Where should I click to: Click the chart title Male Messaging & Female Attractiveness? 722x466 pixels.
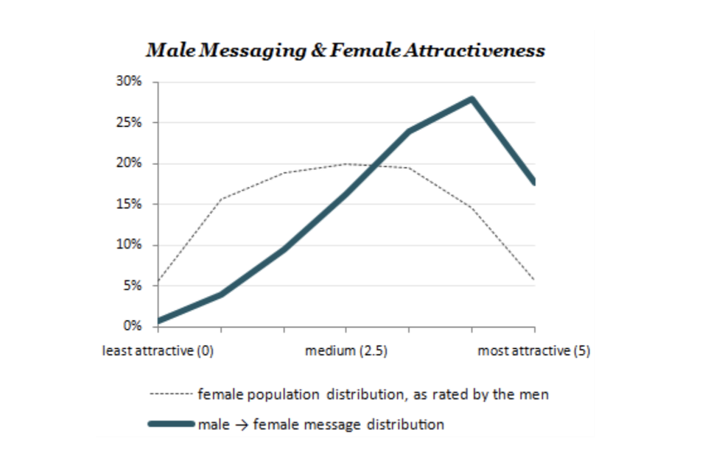click(x=346, y=51)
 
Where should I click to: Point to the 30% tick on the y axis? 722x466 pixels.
click(x=131, y=82)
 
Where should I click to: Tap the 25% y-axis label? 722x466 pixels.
click(x=131, y=122)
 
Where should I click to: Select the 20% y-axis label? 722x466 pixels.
click(x=131, y=163)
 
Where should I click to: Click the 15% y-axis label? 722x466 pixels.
click(x=131, y=204)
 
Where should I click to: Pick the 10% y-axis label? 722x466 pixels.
click(x=131, y=245)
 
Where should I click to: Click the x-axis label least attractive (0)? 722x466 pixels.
click(x=158, y=350)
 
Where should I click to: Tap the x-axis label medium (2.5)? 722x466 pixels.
click(x=346, y=350)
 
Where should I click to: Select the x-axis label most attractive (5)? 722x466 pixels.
click(x=534, y=350)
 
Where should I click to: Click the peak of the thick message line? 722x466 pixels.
click(x=472, y=99)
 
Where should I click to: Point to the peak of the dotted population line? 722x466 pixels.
click(x=346, y=163)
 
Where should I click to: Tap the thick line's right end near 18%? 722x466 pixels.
click(x=533, y=181)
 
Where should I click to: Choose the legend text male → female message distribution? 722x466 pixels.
click(x=321, y=424)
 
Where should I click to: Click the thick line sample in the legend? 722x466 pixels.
click(x=172, y=424)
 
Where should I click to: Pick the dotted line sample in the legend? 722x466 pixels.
click(x=172, y=395)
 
